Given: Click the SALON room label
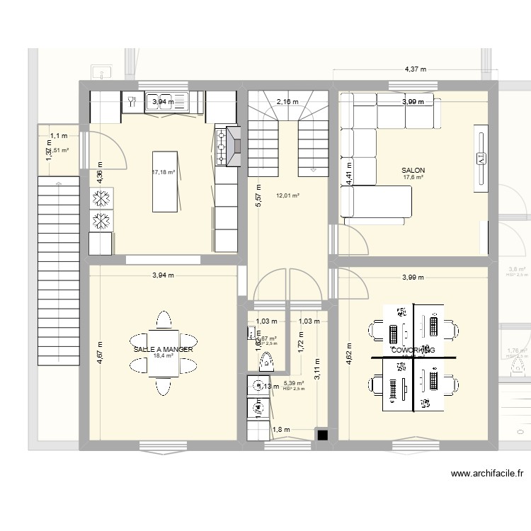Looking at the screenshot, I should click(x=413, y=171).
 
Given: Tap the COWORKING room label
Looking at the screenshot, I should click(x=412, y=350).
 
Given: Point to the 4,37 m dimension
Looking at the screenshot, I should click(x=415, y=69).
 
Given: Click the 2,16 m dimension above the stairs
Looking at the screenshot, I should click(x=287, y=102).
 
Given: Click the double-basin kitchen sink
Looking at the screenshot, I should click(x=166, y=102).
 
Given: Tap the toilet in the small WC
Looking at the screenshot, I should click(x=267, y=362).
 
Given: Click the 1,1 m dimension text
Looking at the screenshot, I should click(x=59, y=135).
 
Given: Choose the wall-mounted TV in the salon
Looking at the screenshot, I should click(x=481, y=157).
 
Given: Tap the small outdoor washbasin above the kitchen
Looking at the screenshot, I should click(x=101, y=71).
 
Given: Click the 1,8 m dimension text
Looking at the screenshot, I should click(x=280, y=429).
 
